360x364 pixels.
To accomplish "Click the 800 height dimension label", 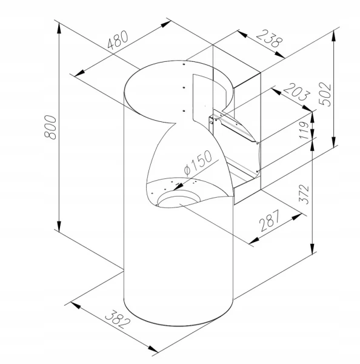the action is pos(50,127).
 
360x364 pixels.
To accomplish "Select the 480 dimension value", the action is pos(118,40).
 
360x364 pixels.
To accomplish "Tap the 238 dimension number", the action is pos(270,39).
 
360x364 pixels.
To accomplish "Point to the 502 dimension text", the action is pos(325,94).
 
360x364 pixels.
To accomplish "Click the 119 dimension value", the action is pos(305,130).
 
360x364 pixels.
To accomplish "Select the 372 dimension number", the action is pos(304,195).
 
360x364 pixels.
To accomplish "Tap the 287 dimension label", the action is pos(270,220).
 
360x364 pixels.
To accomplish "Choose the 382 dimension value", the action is pos(118,319).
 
